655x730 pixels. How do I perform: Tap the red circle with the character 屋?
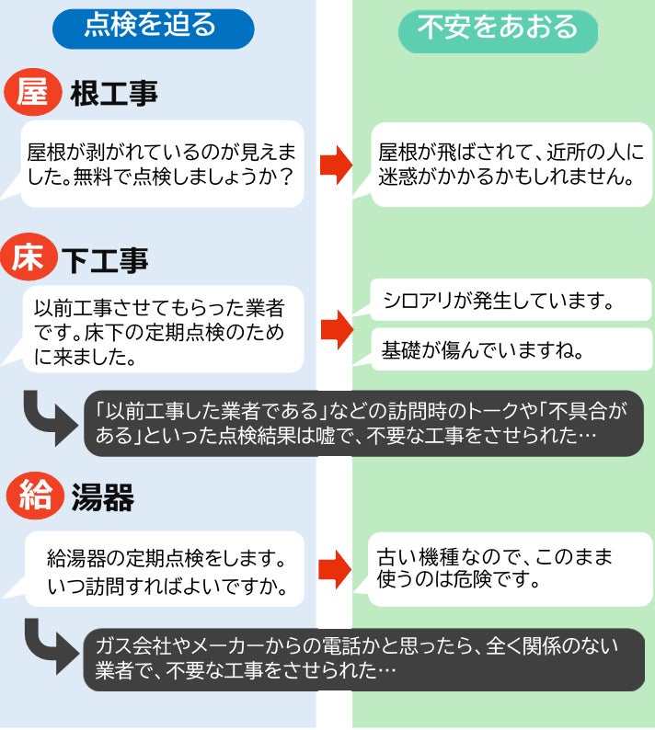click(32, 93)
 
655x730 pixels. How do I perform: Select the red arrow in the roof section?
click(336, 164)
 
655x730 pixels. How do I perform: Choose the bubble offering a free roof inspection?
click(162, 163)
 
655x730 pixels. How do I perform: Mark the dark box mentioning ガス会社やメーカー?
click(363, 658)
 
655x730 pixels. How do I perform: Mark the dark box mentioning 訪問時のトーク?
click(363, 423)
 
